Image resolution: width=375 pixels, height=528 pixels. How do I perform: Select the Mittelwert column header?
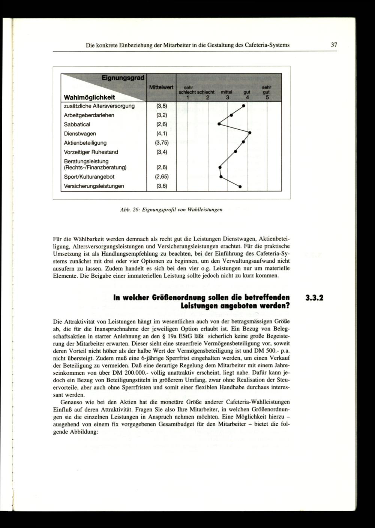(x=161, y=87)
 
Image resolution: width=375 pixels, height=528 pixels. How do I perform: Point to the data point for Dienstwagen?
(x=249, y=133)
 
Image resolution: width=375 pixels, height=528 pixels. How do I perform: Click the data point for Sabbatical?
(x=219, y=124)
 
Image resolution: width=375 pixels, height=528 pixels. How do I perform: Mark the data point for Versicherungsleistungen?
(x=240, y=186)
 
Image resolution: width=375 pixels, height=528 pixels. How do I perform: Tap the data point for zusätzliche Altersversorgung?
(x=243, y=106)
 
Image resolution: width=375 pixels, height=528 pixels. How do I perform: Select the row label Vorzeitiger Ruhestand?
(x=90, y=152)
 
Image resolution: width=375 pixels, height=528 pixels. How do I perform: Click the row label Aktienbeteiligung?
(x=85, y=143)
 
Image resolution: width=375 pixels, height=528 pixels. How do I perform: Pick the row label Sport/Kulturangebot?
(x=89, y=176)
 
